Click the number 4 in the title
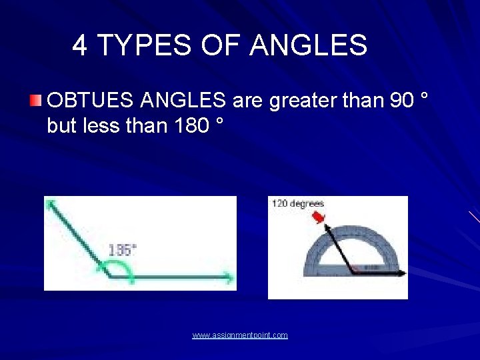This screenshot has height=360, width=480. (79, 45)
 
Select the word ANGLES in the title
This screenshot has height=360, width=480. (308, 45)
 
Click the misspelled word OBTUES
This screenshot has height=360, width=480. (91, 101)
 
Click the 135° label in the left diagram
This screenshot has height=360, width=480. (122, 250)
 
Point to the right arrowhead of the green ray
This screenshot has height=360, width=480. (230, 275)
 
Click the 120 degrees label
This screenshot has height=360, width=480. (297, 203)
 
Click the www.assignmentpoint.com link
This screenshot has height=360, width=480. (240, 335)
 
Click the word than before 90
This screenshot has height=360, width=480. (361, 101)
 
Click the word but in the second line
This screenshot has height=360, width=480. (61, 125)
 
